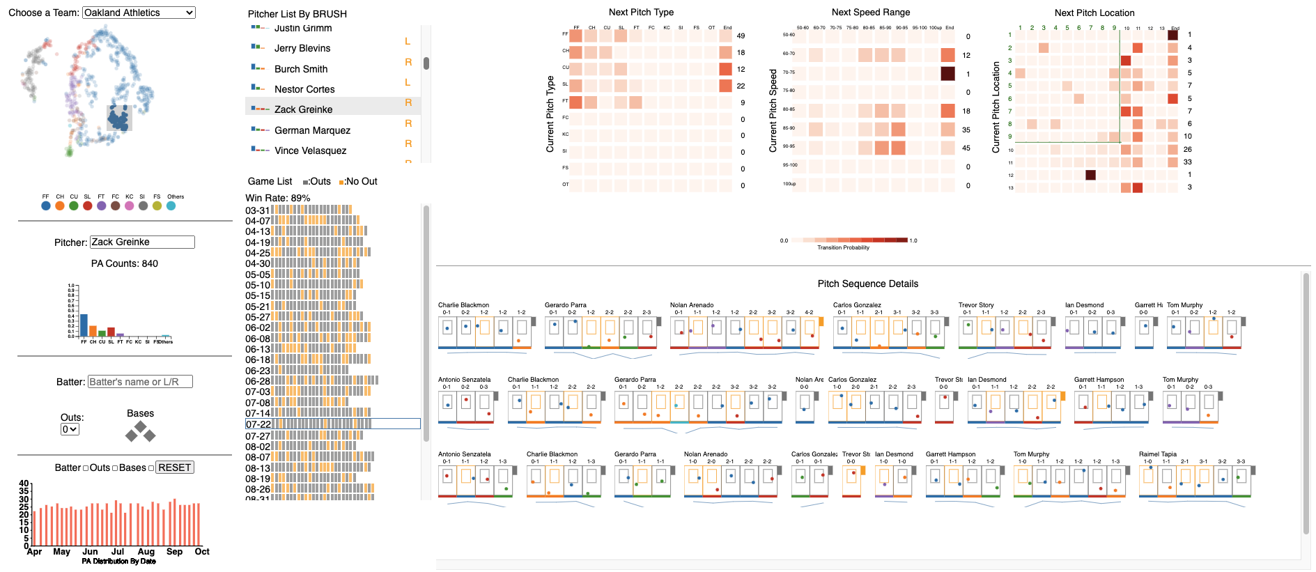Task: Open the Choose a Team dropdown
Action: coord(139,13)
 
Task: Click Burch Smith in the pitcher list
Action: coord(301,69)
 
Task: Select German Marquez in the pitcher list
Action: coord(312,130)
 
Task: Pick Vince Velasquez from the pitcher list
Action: coord(310,150)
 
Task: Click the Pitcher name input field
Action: coord(142,242)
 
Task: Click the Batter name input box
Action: coord(140,382)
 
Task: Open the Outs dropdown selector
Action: coord(70,429)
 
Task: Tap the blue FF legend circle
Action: coord(46,206)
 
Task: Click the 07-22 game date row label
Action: coord(258,424)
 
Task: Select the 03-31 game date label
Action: coord(257,210)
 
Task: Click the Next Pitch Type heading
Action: coord(641,12)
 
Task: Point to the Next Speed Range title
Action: coord(870,12)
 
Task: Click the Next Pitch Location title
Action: coord(1094,13)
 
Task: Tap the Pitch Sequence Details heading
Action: coord(867,284)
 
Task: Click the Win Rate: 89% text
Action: coord(277,198)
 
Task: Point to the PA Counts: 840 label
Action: coord(125,263)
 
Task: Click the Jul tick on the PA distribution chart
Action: coord(118,551)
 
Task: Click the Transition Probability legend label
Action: coord(843,247)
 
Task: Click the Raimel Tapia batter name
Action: coord(1157,454)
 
